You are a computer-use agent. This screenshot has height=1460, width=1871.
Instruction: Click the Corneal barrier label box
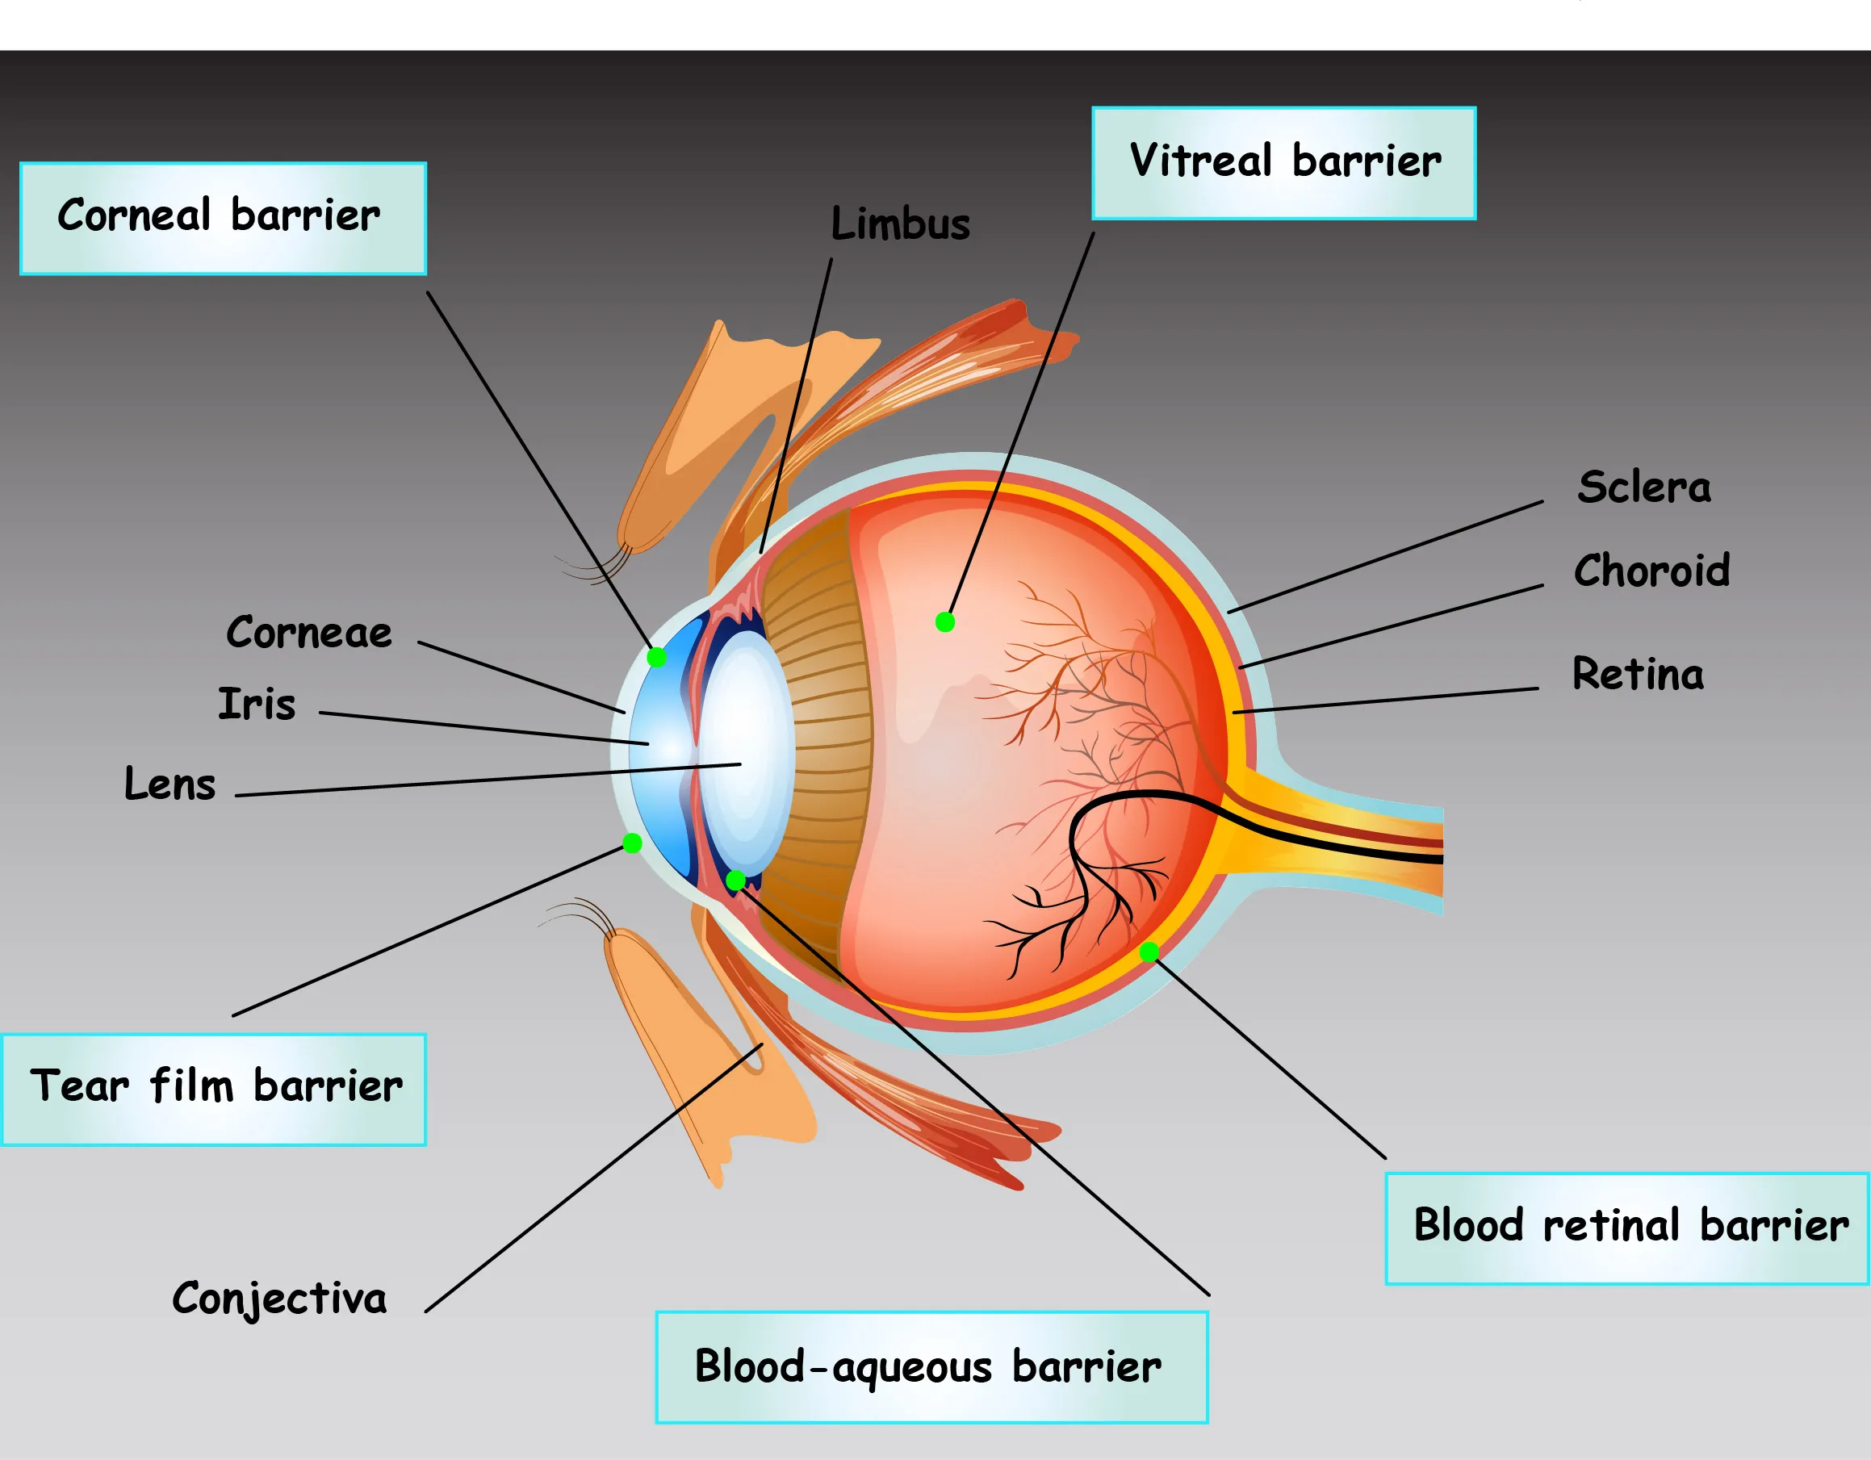(223, 219)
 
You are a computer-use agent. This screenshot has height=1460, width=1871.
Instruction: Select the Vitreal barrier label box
(1283, 163)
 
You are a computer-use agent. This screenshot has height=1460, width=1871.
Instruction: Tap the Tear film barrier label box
(214, 1089)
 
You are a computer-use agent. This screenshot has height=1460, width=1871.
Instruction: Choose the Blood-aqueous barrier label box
(931, 1366)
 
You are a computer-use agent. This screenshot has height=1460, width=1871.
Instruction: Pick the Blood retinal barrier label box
(1626, 1228)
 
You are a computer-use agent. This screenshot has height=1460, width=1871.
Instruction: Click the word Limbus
(899, 224)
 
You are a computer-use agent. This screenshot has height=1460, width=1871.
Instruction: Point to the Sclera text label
(1643, 487)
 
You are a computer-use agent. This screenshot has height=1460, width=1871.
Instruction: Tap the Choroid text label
(1651, 571)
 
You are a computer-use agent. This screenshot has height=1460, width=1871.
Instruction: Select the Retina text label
(1637, 674)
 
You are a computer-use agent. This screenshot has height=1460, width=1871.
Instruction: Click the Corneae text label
(308, 634)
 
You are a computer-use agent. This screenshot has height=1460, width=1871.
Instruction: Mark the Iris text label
(256, 705)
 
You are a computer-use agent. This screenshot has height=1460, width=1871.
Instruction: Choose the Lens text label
(170, 784)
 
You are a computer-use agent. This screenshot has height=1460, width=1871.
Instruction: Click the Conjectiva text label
(279, 1298)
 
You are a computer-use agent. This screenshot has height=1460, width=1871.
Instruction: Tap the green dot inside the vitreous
(945, 622)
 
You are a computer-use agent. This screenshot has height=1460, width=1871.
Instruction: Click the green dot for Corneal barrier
(657, 657)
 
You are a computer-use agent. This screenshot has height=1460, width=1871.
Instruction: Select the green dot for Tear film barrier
(632, 843)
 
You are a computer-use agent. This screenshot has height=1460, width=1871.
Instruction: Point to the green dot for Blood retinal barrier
(1149, 951)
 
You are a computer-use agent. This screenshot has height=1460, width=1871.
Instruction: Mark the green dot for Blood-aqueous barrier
(735, 880)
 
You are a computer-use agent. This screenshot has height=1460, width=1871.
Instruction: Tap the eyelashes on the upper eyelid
(600, 566)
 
